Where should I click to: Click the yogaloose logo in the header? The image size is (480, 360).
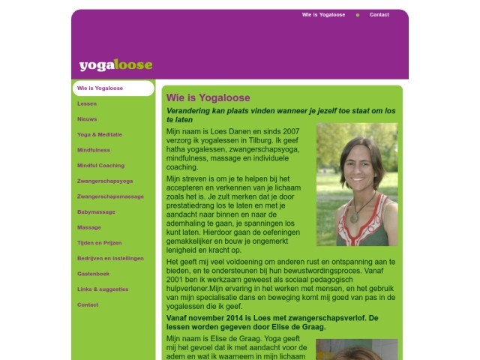coord(115,65)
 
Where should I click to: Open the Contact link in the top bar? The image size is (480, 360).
coord(379,14)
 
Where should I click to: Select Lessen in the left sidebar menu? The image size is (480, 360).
coord(87,103)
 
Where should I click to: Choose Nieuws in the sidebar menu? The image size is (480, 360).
coord(87,119)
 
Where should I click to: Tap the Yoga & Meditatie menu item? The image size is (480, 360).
coord(100,135)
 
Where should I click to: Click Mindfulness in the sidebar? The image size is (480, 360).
coord(94,150)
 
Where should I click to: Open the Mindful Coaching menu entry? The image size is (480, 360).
coord(100,166)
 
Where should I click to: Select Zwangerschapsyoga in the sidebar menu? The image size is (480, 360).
coord(105,181)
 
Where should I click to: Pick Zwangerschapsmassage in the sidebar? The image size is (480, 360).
coord(110,196)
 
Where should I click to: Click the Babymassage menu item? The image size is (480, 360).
coord(96,212)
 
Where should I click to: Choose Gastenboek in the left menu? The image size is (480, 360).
coord(93,274)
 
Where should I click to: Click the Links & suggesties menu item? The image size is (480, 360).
coord(103,289)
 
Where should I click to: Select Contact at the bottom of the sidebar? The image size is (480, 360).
coord(88,304)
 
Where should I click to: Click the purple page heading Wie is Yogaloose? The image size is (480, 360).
coord(208,97)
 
